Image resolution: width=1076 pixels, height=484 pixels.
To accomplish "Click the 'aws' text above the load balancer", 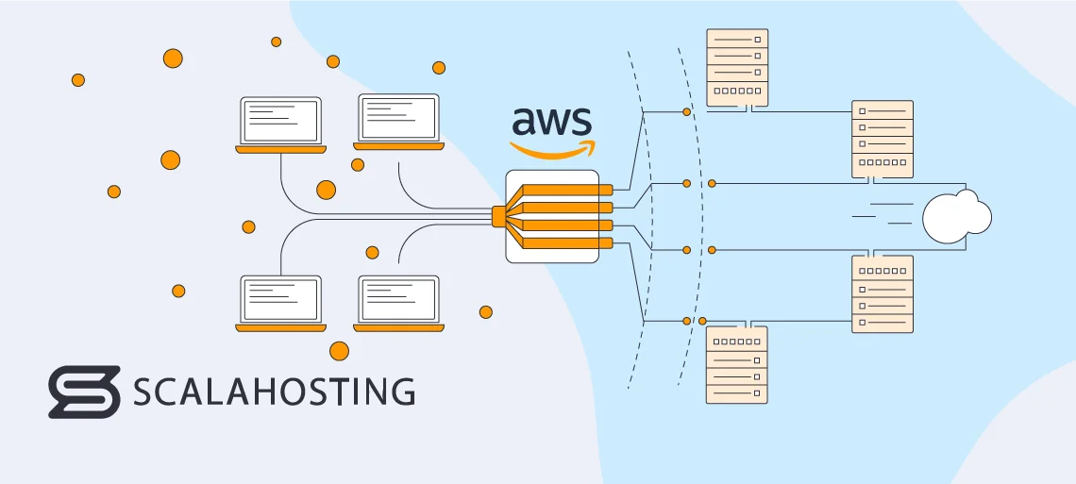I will point(552,123).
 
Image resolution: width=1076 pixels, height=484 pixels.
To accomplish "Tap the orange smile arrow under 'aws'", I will point(554,149).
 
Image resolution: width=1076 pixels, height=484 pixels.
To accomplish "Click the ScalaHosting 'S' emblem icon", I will point(84,392).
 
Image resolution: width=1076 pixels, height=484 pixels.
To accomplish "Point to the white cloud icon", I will point(956,216).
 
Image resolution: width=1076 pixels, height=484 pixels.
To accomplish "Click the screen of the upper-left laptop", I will point(280,120).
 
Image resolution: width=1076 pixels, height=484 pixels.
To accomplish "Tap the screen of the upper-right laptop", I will point(398,119).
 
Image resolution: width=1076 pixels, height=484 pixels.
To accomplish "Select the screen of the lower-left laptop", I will point(280,300).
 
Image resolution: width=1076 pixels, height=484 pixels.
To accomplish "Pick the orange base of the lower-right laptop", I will point(398,328).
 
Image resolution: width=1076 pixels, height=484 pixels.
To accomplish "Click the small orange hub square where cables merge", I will point(498,216).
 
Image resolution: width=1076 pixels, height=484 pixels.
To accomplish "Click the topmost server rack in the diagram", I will point(737,67).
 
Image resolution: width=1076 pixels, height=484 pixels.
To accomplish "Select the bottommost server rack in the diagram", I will point(737,365).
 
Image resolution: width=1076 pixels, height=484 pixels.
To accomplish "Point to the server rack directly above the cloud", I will point(883,140).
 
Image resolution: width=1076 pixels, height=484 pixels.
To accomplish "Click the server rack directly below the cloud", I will point(883,293).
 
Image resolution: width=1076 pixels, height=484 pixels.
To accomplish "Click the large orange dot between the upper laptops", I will point(326,190).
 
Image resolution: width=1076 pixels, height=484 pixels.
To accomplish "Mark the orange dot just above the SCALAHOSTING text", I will point(339,351).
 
